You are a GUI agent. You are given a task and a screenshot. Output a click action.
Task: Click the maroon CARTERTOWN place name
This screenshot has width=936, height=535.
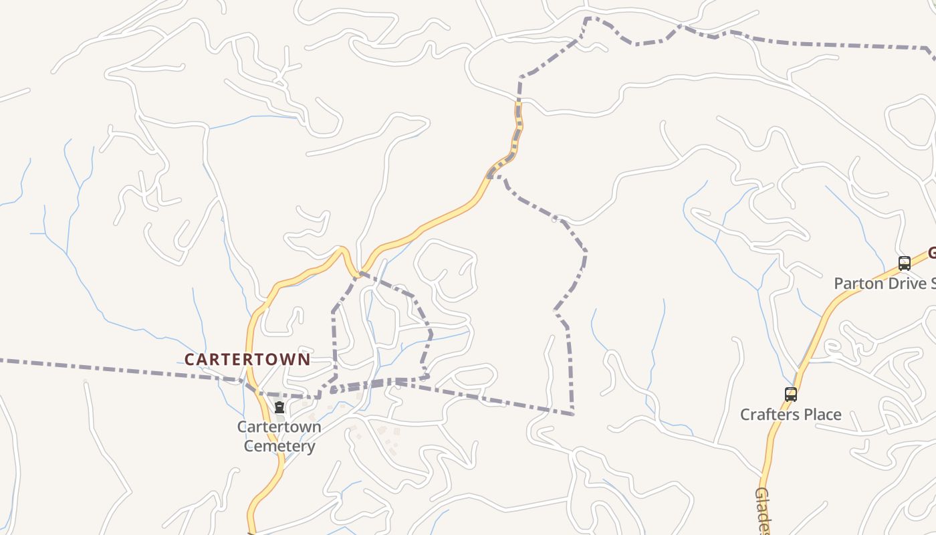click(x=247, y=359)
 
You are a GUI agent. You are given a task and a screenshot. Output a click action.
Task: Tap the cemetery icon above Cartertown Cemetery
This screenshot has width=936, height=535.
click(x=279, y=407)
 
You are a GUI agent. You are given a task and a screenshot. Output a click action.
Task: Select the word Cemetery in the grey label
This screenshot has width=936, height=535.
click(x=279, y=446)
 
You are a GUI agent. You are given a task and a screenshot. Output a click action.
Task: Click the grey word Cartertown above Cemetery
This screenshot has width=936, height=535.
click(x=279, y=427)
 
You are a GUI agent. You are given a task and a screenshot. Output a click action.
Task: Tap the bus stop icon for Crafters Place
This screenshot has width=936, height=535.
click(x=791, y=395)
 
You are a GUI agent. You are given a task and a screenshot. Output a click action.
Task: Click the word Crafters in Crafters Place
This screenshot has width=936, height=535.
click(x=769, y=415)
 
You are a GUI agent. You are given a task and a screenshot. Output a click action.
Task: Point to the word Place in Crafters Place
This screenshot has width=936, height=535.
click(x=822, y=415)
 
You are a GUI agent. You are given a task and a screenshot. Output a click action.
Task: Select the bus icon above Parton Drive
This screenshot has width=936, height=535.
click(x=905, y=263)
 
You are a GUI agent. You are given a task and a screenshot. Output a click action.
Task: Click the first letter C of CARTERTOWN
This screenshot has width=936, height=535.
click(x=189, y=359)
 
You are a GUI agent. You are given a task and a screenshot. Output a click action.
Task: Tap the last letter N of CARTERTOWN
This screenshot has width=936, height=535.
click(x=304, y=359)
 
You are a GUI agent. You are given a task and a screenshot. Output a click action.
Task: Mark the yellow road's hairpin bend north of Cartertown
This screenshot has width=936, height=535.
click(x=342, y=250)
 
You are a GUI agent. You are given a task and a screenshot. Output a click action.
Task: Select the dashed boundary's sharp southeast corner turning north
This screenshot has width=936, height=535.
click(x=572, y=414)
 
